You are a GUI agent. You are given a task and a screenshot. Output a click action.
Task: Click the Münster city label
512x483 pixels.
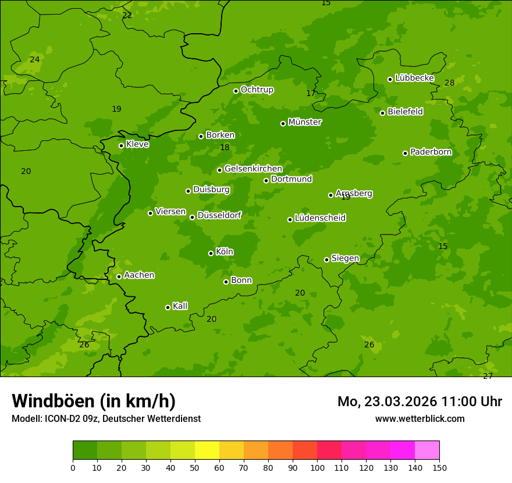tap(304, 122)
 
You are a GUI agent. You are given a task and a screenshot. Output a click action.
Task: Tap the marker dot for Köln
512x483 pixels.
tap(211, 253)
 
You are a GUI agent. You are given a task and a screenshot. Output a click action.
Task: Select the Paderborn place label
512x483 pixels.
tap(431, 152)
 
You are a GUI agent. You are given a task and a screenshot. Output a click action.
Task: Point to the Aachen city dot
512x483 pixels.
tap(119, 276)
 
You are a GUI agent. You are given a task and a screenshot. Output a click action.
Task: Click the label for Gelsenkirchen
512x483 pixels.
tap(253, 169)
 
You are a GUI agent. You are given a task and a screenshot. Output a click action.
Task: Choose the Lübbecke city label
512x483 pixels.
tap(414, 78)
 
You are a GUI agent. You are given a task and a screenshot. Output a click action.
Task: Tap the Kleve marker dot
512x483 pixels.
tap(121, 145)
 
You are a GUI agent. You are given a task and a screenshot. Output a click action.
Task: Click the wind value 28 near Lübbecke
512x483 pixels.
tap(449, 83)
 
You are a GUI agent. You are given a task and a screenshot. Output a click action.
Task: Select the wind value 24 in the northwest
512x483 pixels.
tap(35, 60)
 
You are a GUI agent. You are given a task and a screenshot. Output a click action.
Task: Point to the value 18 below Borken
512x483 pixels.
tap(225, 148)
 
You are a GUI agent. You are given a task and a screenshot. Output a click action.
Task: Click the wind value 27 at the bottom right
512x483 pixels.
tap(488, 377)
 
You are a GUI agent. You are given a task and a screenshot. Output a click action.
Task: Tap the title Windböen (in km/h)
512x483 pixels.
tap(94, 401)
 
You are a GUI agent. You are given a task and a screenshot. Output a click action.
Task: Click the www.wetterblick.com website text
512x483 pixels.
tap(419, 418)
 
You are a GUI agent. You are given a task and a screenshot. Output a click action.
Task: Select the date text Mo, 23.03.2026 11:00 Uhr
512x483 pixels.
tap(419, 402)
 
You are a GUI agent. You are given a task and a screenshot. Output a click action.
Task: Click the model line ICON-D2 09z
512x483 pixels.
tap(106, 418)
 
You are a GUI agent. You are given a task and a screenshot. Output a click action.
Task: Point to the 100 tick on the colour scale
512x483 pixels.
tap(317, 467)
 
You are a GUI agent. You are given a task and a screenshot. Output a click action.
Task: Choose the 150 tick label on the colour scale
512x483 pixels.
tap(439, 467)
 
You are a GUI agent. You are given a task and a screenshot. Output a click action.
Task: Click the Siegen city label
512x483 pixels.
tap(345, 258)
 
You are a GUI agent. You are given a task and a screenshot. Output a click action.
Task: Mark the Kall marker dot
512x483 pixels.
tap(168, 307)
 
